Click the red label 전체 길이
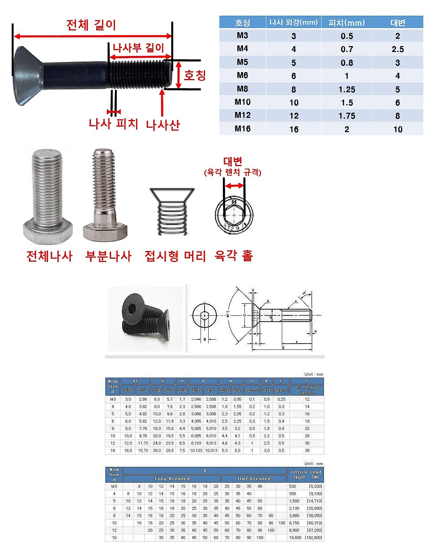91,25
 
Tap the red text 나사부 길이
138,48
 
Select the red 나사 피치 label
113,124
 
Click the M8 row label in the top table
242,89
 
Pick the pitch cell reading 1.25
347,89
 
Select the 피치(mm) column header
347,23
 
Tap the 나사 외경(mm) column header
294,22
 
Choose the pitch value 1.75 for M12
347,116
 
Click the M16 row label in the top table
242,129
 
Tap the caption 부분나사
108,256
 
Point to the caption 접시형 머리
175,256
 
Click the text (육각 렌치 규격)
233,172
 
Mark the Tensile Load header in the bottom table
305,474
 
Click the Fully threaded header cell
172,479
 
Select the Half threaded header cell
254,479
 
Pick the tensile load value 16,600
295,538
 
